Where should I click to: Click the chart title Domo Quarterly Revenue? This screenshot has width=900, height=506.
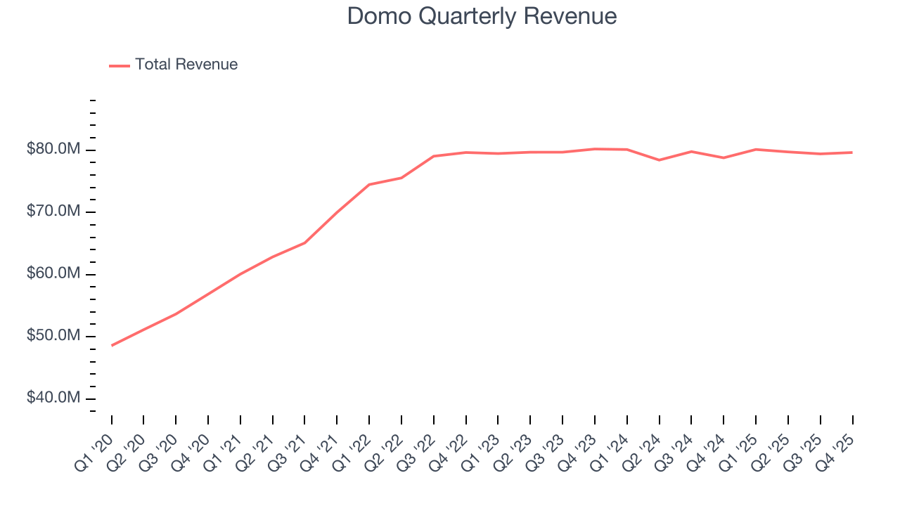click(x=482, y=16)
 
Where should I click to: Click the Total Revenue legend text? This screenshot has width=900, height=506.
click(x=186, y=65)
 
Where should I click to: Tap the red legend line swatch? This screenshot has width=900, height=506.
click(x=120, y=65)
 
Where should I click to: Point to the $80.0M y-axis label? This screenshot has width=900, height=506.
click(x=53, y=150)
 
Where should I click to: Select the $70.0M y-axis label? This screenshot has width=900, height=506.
click(x=53, y=212)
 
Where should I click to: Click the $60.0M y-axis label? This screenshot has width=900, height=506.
click(x=53, y=273)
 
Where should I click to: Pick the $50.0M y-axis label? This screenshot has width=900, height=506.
click(x=53, y=336)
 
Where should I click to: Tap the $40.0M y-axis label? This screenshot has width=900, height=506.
click(x=53, y=398)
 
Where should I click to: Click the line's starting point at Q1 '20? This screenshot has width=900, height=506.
click(x=112, y=345)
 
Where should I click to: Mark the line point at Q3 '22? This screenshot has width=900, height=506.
click(x=434, y=156)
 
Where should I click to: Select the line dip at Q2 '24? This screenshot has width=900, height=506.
click(x=660, y=160)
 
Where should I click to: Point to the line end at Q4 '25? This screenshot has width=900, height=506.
click(x=852, y=153)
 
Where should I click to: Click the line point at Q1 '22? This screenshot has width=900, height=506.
click(x=369, y=185)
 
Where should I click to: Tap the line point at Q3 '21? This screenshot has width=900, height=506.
click(x=304, y=242)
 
